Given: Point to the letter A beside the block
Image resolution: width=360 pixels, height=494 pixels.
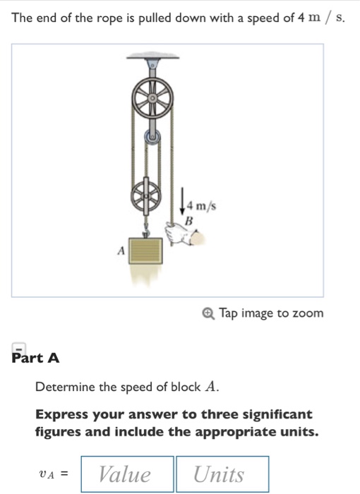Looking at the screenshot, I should (121, 250).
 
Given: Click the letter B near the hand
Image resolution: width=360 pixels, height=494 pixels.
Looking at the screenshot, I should (188, 221).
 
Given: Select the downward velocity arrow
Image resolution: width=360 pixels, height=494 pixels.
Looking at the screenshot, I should (183, 200).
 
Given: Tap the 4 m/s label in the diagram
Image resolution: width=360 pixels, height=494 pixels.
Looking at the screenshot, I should (201, 206).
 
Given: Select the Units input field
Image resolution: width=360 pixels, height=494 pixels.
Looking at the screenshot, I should (222, 474).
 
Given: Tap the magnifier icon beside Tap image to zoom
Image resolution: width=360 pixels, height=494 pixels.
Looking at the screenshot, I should (208, 313).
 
